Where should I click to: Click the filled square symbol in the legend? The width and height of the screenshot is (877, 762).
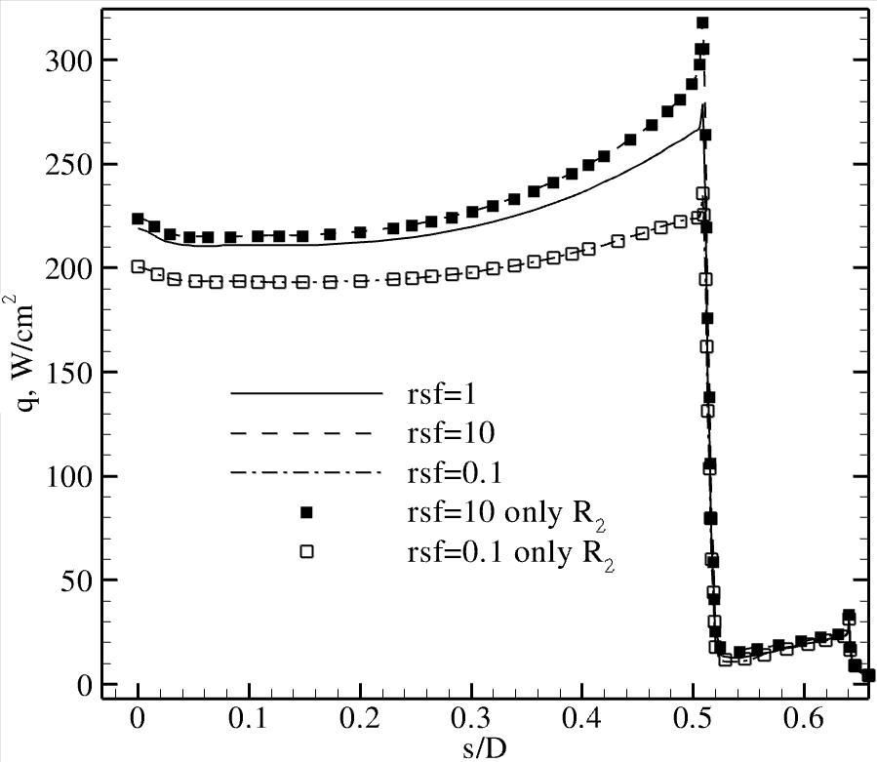pyautogui.click(x=307, y=512)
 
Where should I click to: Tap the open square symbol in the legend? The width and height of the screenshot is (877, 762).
pyautogui.click(x=307, y=551)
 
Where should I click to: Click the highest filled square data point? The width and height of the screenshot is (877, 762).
pyautogui.click(x=701, y=22)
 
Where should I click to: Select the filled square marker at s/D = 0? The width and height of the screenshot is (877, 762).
pyautogui.click(x=138, y=219)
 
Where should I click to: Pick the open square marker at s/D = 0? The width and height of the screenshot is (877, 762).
pyautogui.click(x=138, y=266)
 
